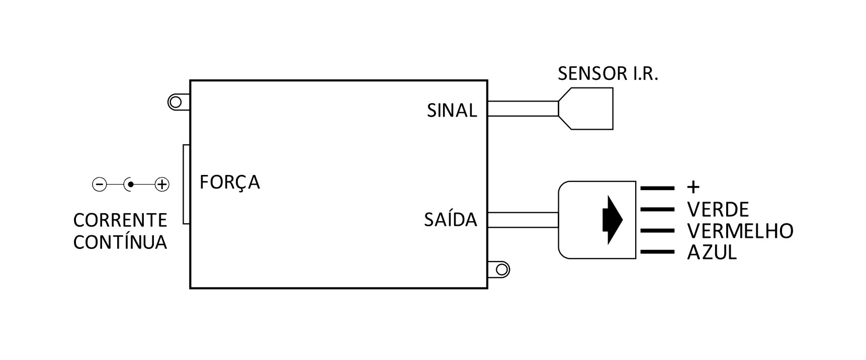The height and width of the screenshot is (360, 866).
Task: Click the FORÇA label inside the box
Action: (230, 182)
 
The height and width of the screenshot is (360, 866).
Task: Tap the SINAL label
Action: (452, 111)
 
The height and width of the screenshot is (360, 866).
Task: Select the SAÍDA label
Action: (451, 220)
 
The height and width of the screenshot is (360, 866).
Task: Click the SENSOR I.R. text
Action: (608, 74)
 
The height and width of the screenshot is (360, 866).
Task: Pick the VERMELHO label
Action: (740, 231)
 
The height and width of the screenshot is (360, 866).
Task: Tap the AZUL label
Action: (712, 252)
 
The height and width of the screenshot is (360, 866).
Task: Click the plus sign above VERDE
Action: (693, 188)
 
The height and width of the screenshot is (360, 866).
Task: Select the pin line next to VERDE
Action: (657, 209)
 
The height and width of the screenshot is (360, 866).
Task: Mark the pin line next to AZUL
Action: (657, 252)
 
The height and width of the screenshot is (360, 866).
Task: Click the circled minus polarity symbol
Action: (100, 185)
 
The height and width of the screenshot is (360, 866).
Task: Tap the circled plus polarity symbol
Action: (161, 185)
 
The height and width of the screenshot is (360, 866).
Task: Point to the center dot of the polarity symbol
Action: (131, 185)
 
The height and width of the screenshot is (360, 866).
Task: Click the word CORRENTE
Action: (120, 220)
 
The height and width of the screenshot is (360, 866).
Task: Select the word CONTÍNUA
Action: (120, 242)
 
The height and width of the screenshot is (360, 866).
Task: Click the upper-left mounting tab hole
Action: (175, 103)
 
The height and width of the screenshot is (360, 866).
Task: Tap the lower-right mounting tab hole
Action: (502, 269)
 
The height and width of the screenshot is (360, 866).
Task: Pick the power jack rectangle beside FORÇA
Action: (187, 185)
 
